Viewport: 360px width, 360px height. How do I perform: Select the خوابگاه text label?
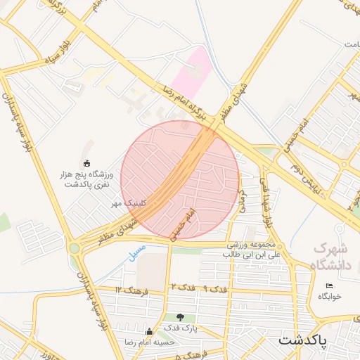328,296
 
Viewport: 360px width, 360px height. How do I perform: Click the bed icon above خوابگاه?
328,285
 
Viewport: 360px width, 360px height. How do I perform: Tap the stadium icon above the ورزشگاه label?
86,164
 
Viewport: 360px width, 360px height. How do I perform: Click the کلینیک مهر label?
127,202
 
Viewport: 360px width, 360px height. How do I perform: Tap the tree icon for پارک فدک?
181,317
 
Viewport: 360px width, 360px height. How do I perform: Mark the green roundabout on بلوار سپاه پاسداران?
75,247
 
